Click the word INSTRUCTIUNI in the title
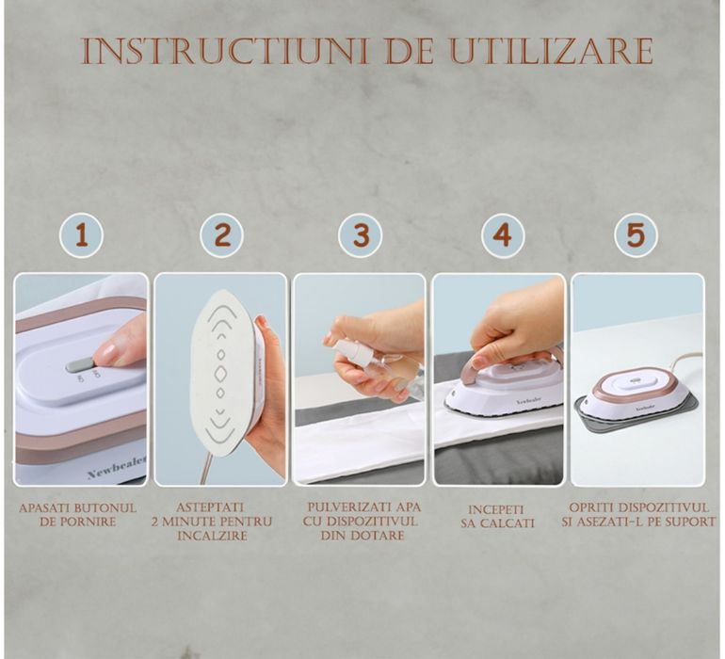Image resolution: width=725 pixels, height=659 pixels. click(x=225, y=51)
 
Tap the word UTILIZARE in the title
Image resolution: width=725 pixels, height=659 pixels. click(x=552, y=51)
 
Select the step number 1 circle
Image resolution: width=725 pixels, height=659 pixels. click(x=81, y=235)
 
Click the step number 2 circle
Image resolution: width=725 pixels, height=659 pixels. click(x=222, y=235)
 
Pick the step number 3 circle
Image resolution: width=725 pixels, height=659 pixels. click(x=361, y=235)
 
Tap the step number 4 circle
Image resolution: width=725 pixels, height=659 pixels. click(x=502, y=235)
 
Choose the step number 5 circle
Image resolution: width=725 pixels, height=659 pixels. click(x=636, y=235)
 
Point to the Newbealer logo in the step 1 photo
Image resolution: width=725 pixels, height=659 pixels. click(x=117, y=467)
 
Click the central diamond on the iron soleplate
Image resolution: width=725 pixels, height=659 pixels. click(x=220, y=374)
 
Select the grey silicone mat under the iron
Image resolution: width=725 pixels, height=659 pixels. click(x=638, y=414)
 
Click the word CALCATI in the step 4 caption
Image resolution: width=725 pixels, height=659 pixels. click(x=507, y=523)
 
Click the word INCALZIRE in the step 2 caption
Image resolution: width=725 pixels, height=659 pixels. click(x=213, y=536)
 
